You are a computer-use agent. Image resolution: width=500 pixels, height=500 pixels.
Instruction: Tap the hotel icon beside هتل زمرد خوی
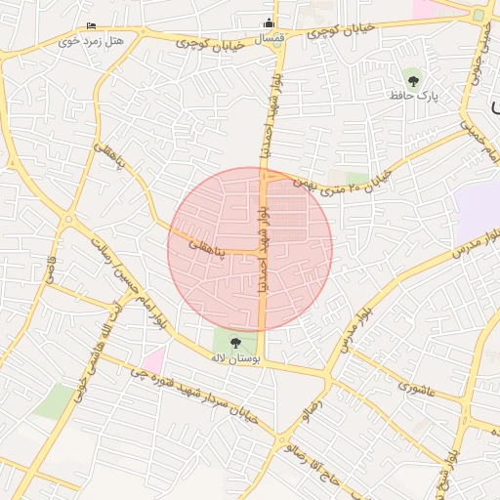[x=91, y=25]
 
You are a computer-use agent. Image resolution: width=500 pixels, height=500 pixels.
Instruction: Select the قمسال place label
[x=270, y=38]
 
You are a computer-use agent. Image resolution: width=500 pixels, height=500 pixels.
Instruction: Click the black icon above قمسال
[x=271, y=23]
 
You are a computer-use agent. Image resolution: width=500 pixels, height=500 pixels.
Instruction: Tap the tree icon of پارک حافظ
[x=413, y=81]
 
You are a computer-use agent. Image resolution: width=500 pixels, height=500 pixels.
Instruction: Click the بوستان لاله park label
[x=235, y=357]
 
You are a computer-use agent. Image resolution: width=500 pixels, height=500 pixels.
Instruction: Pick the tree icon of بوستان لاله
[x=235, y=343]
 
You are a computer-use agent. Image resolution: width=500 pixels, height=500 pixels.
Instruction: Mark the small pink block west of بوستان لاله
[x=152, y=359]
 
